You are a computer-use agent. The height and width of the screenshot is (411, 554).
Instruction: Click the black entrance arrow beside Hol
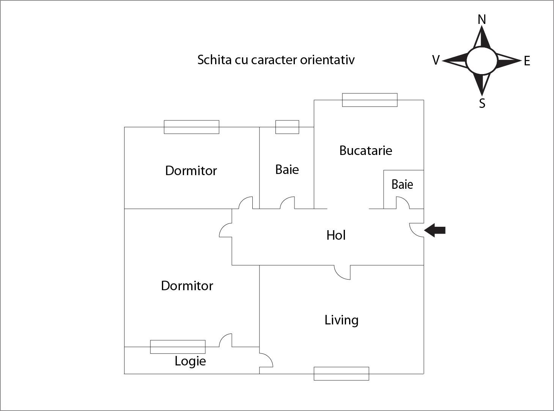435,230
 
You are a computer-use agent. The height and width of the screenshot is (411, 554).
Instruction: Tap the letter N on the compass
482,19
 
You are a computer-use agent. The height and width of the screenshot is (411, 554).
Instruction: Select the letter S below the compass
482,103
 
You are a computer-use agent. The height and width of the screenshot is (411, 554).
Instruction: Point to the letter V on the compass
436,60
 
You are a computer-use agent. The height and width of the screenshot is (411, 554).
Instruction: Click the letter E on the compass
527,61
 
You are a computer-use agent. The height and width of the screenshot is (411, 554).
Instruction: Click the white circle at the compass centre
482,61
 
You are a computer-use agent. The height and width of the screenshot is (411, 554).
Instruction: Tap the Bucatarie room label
365,150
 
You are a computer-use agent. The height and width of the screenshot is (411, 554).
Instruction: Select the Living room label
341,320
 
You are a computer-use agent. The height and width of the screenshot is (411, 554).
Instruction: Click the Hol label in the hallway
336,235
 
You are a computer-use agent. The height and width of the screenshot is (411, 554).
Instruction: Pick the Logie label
190,361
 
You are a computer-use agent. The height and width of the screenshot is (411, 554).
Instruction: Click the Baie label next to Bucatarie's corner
402,185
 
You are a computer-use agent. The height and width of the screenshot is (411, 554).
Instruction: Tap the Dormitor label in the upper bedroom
191,171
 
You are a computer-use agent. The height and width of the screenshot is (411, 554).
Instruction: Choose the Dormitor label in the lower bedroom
187,286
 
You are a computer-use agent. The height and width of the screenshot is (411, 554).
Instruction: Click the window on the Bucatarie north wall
370,100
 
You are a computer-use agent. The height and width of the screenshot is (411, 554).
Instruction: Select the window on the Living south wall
341,373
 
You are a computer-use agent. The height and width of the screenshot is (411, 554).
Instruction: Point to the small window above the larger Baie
287,127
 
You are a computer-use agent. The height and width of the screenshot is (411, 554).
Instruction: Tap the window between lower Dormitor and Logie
178,347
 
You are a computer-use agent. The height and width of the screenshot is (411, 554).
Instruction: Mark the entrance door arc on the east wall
417,230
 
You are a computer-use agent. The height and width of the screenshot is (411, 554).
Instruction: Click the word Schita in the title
214,60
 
